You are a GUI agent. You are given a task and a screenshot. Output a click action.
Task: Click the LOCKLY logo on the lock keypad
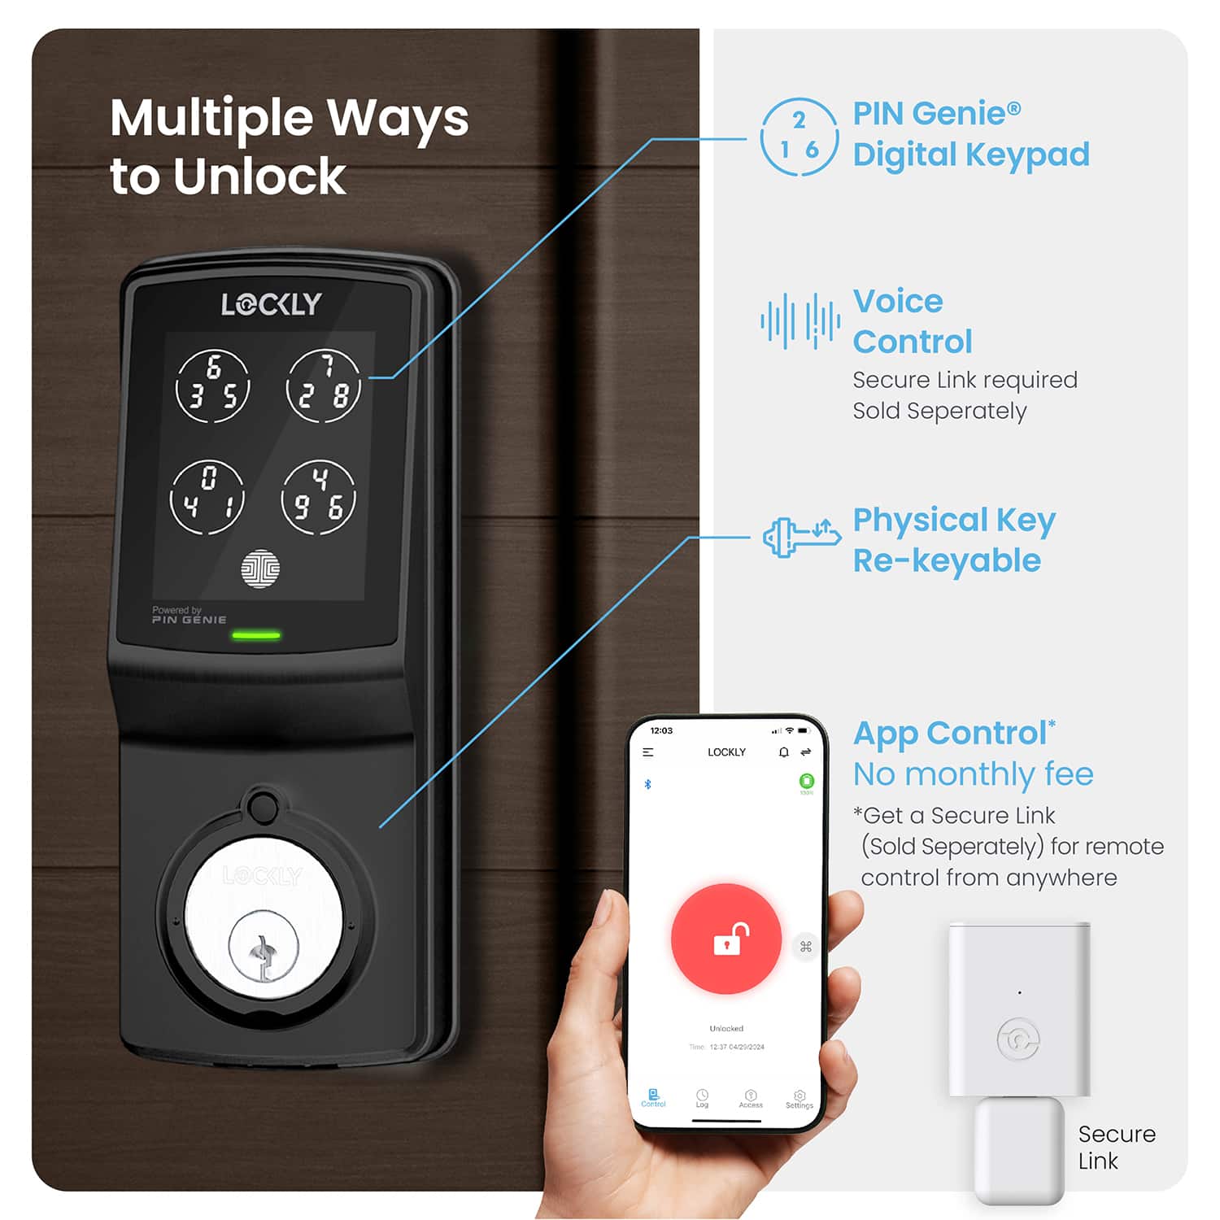[272, 304]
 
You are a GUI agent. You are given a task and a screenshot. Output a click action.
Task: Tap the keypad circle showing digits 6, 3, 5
[213, 387]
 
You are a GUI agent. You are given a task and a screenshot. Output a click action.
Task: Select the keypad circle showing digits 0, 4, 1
[207, 497]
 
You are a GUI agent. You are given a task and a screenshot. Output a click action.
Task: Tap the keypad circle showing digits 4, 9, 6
[318, 497]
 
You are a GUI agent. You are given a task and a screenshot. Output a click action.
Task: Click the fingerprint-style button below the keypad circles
[260, 569]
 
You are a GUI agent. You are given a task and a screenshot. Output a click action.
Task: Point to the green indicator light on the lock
[256, 635]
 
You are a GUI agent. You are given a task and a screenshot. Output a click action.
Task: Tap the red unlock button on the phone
[726, 939]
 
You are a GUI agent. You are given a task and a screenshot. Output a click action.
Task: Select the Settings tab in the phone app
[800, 1099]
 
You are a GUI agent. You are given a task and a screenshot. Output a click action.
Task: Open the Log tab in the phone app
[702, 1099]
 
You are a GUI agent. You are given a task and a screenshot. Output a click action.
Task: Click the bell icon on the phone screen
[783, 752]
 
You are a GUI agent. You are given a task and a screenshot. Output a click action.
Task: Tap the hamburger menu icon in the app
[648, 752]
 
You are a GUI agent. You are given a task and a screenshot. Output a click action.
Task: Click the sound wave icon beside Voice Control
[800, 321]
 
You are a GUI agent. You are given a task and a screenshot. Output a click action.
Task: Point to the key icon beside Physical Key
[801, 538]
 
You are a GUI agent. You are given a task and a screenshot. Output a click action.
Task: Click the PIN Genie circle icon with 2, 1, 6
[799, 137]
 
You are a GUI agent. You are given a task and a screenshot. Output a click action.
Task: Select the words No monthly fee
[973, 774]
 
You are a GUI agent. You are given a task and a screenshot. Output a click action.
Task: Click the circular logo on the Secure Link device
[1018, 1039]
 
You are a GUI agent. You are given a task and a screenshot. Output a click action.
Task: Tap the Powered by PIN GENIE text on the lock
[189, 615]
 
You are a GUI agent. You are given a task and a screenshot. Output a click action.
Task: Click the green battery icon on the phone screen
[807, 782]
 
